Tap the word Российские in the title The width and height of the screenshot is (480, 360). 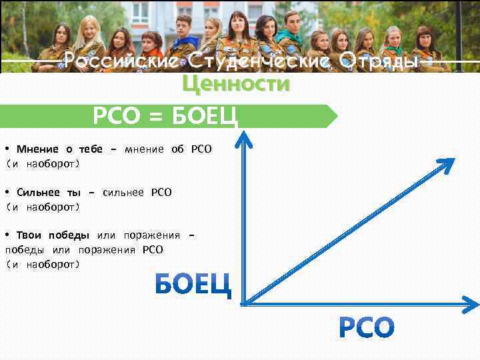click(121, 62)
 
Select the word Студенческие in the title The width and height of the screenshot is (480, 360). click(257, 62)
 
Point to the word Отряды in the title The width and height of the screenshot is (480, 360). click(379, 62)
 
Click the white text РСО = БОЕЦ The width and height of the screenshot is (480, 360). click(165, 117)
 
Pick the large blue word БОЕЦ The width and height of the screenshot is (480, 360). click(193, 285)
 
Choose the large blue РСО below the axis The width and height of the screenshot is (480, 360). click(367, 327)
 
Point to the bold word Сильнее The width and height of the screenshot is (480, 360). click(39, 192)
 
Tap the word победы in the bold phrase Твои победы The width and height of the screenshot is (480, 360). click(70, 235)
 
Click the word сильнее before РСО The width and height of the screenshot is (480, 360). click(125, 192)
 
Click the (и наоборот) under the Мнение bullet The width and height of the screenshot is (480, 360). click(43, 163)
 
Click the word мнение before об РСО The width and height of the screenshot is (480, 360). click(144, 149)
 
